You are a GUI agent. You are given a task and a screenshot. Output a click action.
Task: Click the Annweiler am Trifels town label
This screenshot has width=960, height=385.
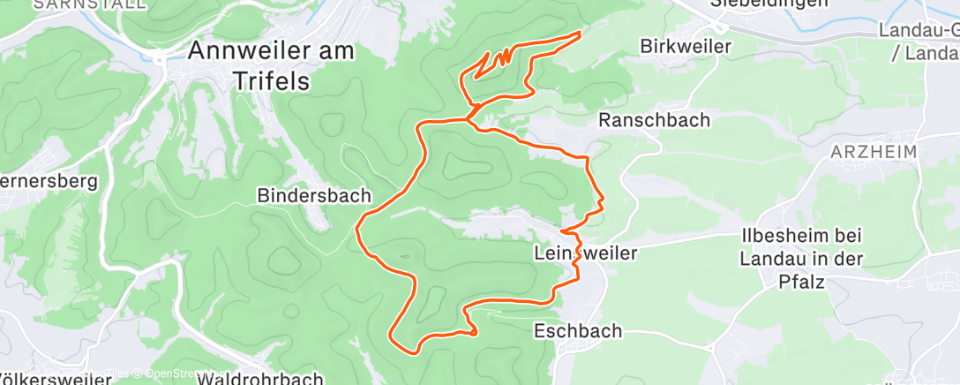tap(271, 65)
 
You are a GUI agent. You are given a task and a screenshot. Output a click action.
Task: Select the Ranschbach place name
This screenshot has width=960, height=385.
tap(654, 120)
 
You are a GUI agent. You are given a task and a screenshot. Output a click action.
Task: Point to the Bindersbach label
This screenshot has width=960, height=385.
tap(314, 194)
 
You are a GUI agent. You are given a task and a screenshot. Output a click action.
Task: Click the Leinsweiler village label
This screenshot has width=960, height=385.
tap(585, 253)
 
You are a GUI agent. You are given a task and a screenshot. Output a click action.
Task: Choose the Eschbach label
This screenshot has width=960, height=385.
tap(578, 331)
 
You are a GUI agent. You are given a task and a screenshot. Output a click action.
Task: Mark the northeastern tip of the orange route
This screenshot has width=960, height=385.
tap(580, 33)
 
